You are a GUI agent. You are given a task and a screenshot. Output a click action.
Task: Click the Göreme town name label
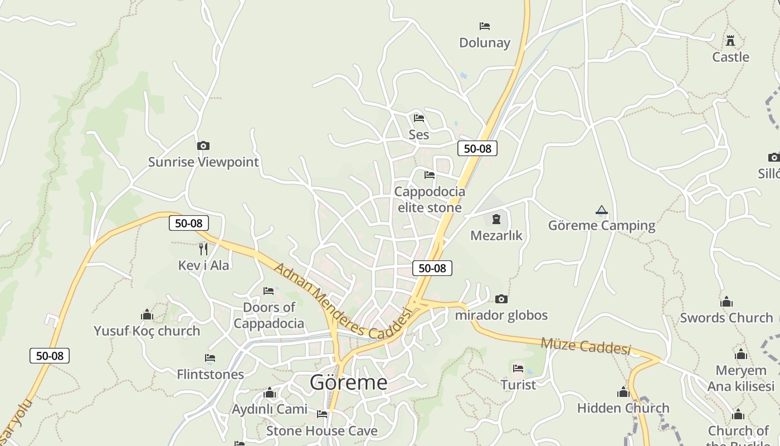348,382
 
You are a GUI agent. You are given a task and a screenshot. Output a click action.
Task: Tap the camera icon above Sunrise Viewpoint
203,146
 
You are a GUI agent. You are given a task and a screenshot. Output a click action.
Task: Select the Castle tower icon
730,40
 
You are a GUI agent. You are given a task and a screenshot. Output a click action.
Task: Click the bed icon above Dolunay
485,26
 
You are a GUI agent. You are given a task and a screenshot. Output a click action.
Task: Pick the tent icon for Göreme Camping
601,210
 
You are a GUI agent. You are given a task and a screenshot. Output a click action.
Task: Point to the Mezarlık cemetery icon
496,219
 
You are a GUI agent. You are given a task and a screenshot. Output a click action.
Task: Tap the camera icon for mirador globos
501,299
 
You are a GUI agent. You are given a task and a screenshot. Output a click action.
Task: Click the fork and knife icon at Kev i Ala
203,249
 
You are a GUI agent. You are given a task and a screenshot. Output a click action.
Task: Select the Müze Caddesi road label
585,346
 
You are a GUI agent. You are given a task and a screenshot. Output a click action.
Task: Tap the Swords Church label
727,318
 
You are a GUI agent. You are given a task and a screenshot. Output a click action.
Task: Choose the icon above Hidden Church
623,392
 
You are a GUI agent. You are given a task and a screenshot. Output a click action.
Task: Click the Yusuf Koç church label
147,331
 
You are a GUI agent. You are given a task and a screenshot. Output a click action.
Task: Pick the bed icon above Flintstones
210,358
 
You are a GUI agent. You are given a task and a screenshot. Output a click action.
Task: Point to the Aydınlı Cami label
270,409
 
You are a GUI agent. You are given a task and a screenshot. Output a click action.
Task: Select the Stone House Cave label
321,430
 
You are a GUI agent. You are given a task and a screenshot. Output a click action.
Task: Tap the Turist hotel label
518,385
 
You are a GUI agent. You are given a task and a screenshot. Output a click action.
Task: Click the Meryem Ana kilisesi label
741,378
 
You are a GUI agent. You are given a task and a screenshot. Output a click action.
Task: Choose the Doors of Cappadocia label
269,316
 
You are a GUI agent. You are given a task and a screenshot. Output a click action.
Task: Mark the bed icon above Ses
419,118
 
